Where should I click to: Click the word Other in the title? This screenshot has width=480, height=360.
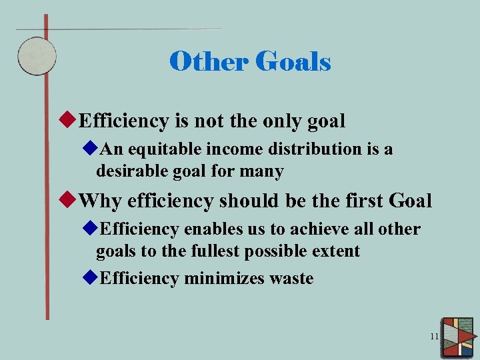207,62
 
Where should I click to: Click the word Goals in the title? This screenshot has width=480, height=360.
293,62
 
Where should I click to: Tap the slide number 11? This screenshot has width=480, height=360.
434,337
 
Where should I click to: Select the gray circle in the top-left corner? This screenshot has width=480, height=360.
36,55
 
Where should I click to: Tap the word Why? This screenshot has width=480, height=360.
100,201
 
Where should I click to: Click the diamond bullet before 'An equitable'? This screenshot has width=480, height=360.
91,149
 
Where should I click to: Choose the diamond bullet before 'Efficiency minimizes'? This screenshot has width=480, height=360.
91,278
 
